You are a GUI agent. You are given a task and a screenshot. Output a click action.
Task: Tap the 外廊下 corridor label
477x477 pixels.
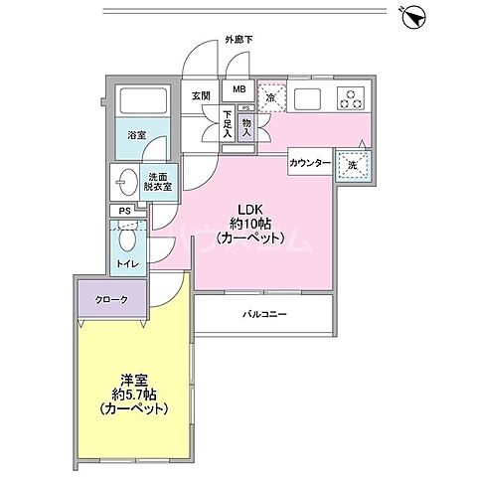[238, 41]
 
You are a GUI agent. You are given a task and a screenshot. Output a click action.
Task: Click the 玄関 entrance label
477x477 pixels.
[201, 95]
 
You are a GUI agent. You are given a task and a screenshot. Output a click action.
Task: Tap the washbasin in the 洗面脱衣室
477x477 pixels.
[125, 183]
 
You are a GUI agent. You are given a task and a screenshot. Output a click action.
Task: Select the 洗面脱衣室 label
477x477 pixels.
[155, 178]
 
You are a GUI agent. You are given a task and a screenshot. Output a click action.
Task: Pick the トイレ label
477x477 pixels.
[126, 263]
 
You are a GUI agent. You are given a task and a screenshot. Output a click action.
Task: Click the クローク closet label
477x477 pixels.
[111, 299]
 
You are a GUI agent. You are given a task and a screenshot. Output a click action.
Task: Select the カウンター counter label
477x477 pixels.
[311, 162]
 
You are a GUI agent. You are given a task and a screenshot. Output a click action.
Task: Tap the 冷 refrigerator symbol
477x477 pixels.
[271, 95]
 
